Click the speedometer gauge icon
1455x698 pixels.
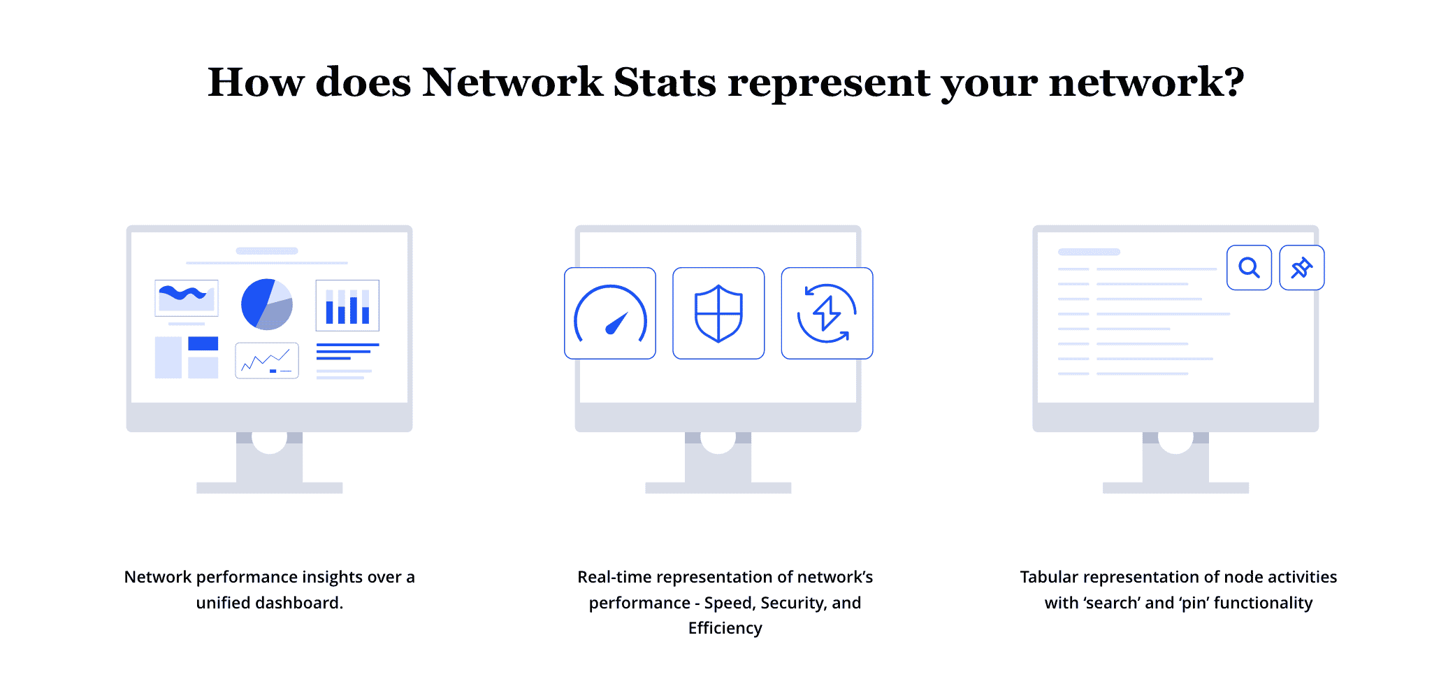click(x=610, y=313)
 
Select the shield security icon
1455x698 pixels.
click(x=718, y=313)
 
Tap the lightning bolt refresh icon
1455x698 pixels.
click(x=827, y=313)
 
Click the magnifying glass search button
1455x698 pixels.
click(x=1249, y=268)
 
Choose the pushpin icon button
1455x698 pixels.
click(x=1301, y=268)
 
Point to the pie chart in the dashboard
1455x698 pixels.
click(x=266, y=304)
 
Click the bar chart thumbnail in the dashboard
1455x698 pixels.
click(x=347, y=306)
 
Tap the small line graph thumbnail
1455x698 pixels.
click(x=267, y=360)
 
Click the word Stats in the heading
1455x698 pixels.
click(x=665, y=83)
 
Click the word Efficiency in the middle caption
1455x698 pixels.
click(x=725, y=628)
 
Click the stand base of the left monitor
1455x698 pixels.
click(x=269, y=487)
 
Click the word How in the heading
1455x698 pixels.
click(x=255, y=83)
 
